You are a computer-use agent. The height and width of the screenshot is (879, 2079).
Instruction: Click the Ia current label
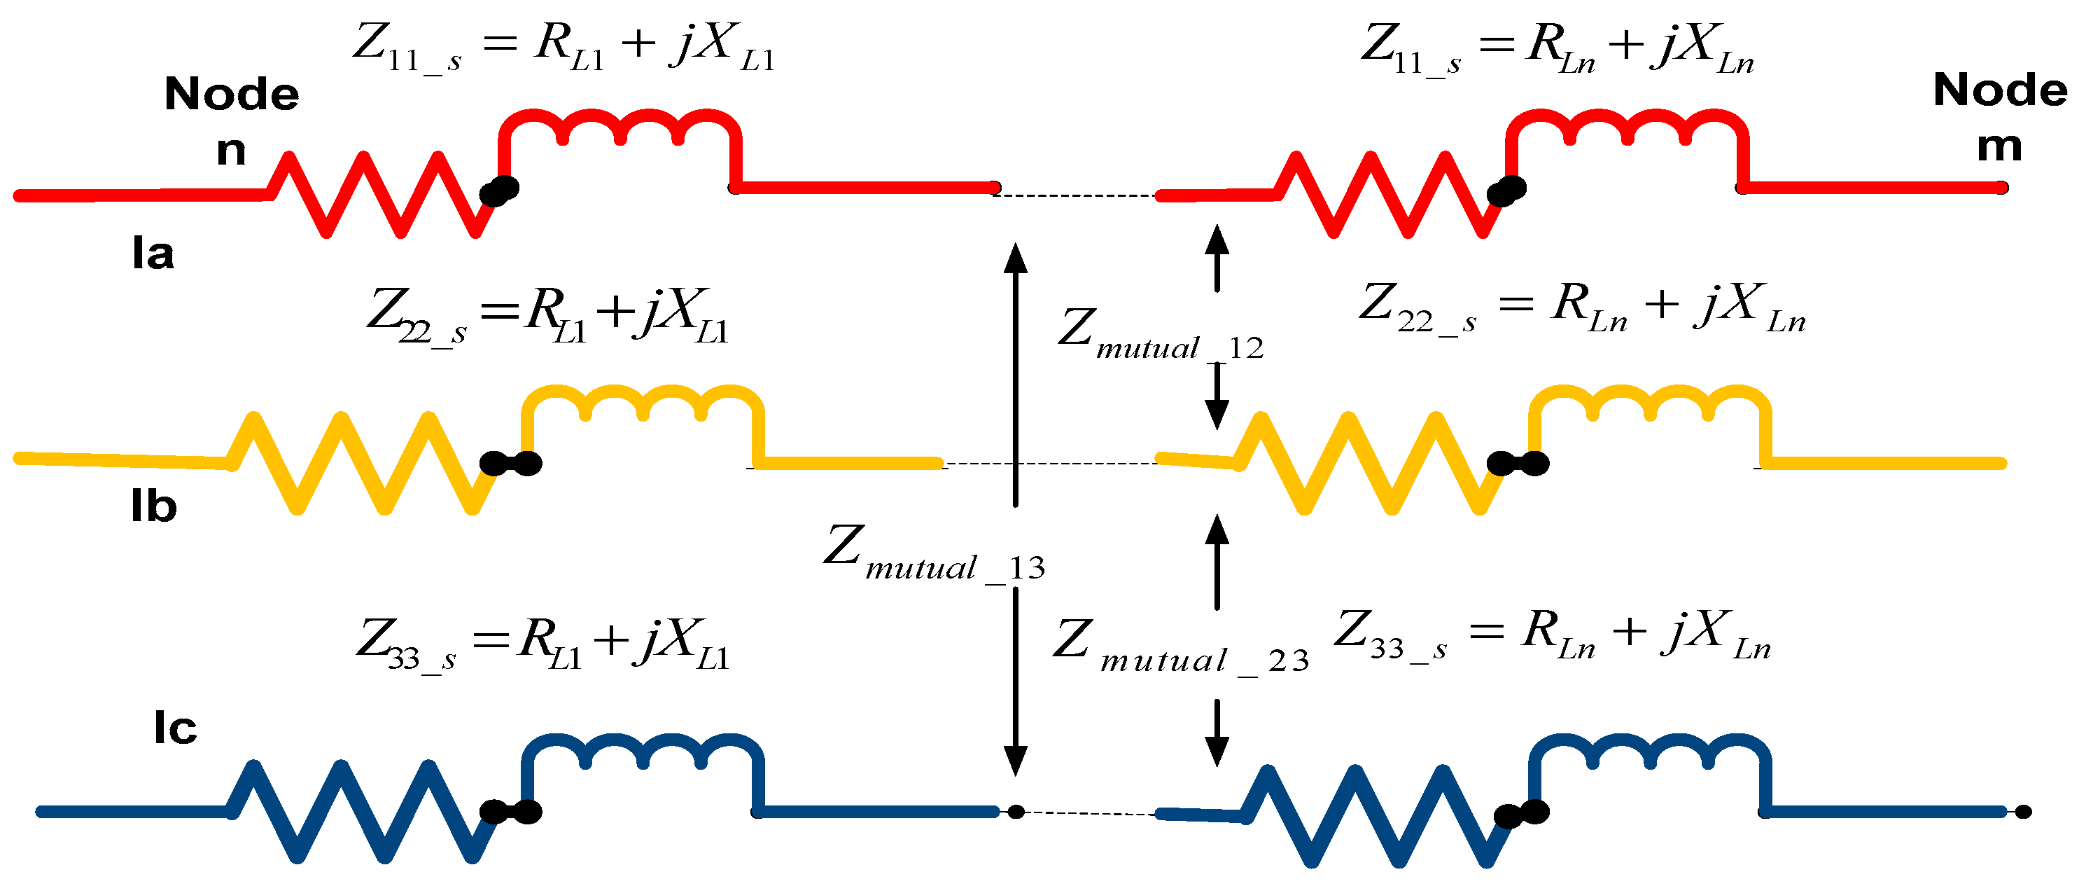(153, 254)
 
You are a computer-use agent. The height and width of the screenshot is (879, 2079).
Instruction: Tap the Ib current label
(153, 507)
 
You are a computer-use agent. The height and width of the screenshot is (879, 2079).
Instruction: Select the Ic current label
(175, 728)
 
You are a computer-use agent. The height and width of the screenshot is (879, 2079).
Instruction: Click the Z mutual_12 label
(1160, 333)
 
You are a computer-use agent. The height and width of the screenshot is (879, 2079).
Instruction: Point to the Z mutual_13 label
(934, 555)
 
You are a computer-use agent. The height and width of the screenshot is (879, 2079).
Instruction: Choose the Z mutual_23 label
(1180, 647)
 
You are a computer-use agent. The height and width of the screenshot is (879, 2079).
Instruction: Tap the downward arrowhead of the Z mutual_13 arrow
(1015, 761)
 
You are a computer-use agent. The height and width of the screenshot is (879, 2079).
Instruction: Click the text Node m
(2000, 117)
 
